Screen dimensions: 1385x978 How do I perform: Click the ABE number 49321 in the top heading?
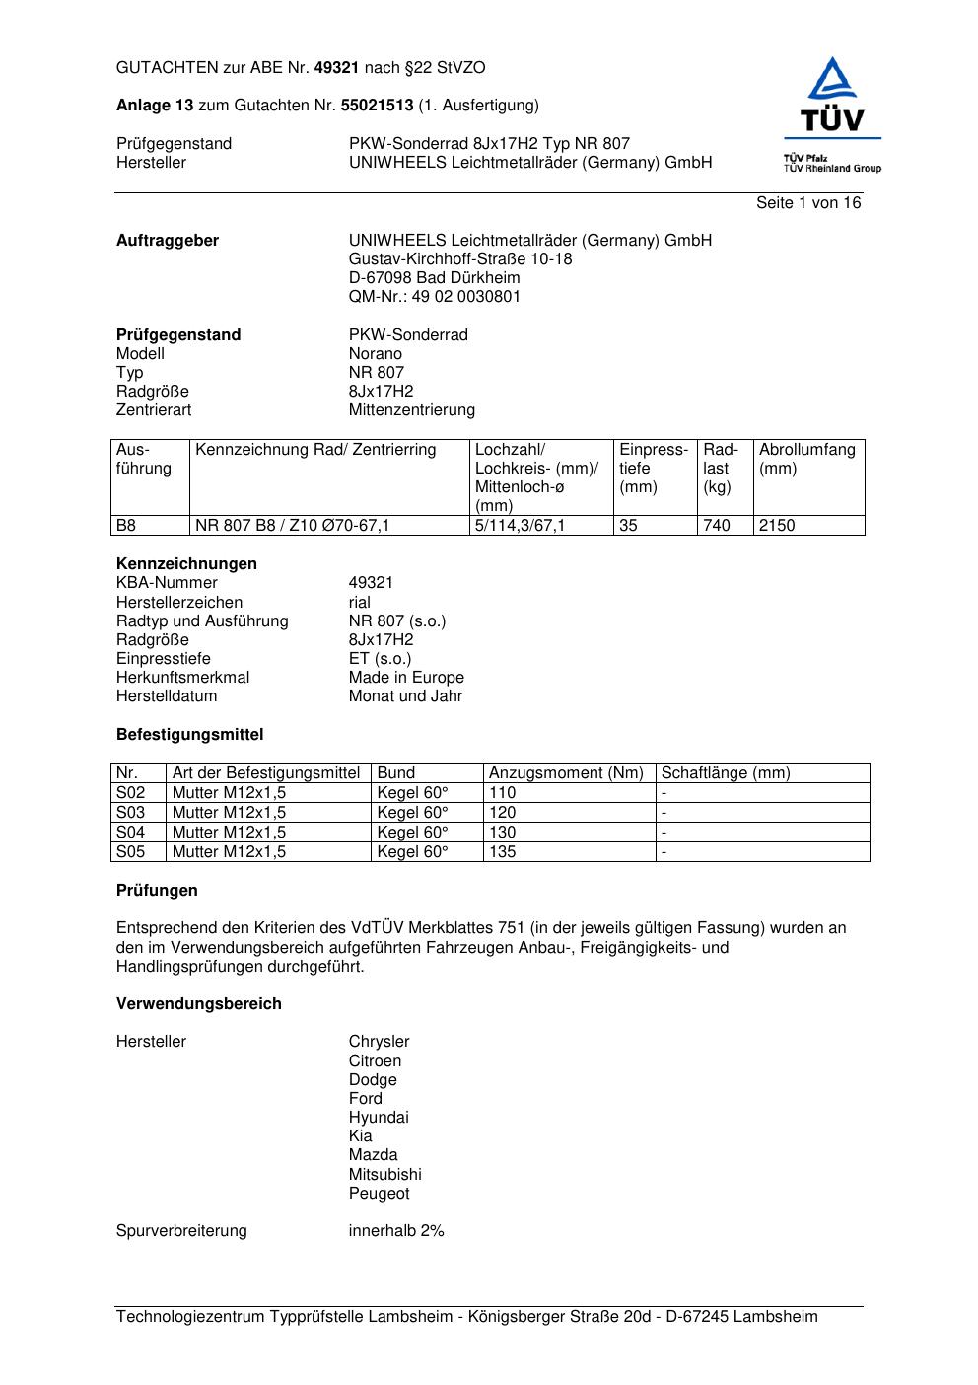[x=336, y=68]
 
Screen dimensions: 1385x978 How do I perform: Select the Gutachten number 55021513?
[x=377, y=106]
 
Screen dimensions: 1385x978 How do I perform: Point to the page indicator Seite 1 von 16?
[x=807, y=203]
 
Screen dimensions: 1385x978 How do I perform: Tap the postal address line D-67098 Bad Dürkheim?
[x=434, y=278]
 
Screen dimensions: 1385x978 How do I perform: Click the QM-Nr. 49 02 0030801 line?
[x=434, y=297]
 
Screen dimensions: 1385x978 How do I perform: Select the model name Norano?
[x=375, y=354]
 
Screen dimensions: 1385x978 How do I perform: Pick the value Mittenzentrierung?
[x=411, y=410]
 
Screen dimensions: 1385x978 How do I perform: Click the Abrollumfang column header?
[x=806, y=459]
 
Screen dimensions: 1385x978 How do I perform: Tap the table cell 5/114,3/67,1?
[x=520, y=526]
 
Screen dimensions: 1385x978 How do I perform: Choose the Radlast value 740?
[x=716, y=526]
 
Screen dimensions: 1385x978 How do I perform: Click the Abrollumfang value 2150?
[x=776, y=526]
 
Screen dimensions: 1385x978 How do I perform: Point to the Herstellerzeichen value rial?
[x=359, y=603]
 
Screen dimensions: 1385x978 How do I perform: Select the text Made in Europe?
[x=405, y=678]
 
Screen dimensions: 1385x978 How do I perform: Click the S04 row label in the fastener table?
[x=130, y=833]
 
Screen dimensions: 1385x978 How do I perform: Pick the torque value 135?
[x=502, y=852]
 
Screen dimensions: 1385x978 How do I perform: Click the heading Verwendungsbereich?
[x=198, y=1004]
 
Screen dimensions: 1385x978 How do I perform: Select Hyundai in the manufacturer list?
[x=378, y=1118]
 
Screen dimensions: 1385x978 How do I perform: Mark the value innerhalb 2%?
[x=395, y=1231]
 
